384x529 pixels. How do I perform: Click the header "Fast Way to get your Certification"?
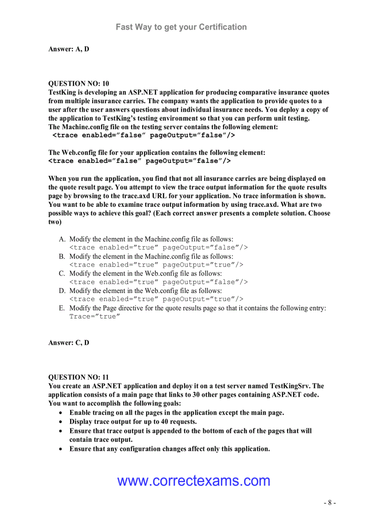181,27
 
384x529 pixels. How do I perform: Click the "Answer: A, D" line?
69,49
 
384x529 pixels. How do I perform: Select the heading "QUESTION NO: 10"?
79,84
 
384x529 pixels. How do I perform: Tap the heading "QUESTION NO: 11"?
79,377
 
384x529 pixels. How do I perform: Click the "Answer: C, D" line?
69,343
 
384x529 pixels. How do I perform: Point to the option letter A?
62,239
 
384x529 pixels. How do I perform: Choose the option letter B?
62,257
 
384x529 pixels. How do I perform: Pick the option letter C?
62,274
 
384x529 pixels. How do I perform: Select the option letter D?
62,291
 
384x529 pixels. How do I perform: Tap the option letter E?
62,308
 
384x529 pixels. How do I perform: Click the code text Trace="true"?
95,317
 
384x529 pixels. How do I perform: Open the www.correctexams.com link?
193,481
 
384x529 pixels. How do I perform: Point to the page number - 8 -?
329,503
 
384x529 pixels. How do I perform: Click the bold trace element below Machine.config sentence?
144,136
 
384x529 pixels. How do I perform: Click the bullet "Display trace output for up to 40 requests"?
133,422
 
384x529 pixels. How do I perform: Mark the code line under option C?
158,282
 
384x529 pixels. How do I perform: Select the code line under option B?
156,265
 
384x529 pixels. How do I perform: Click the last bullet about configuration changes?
169,449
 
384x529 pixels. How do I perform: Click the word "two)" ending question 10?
55,222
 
